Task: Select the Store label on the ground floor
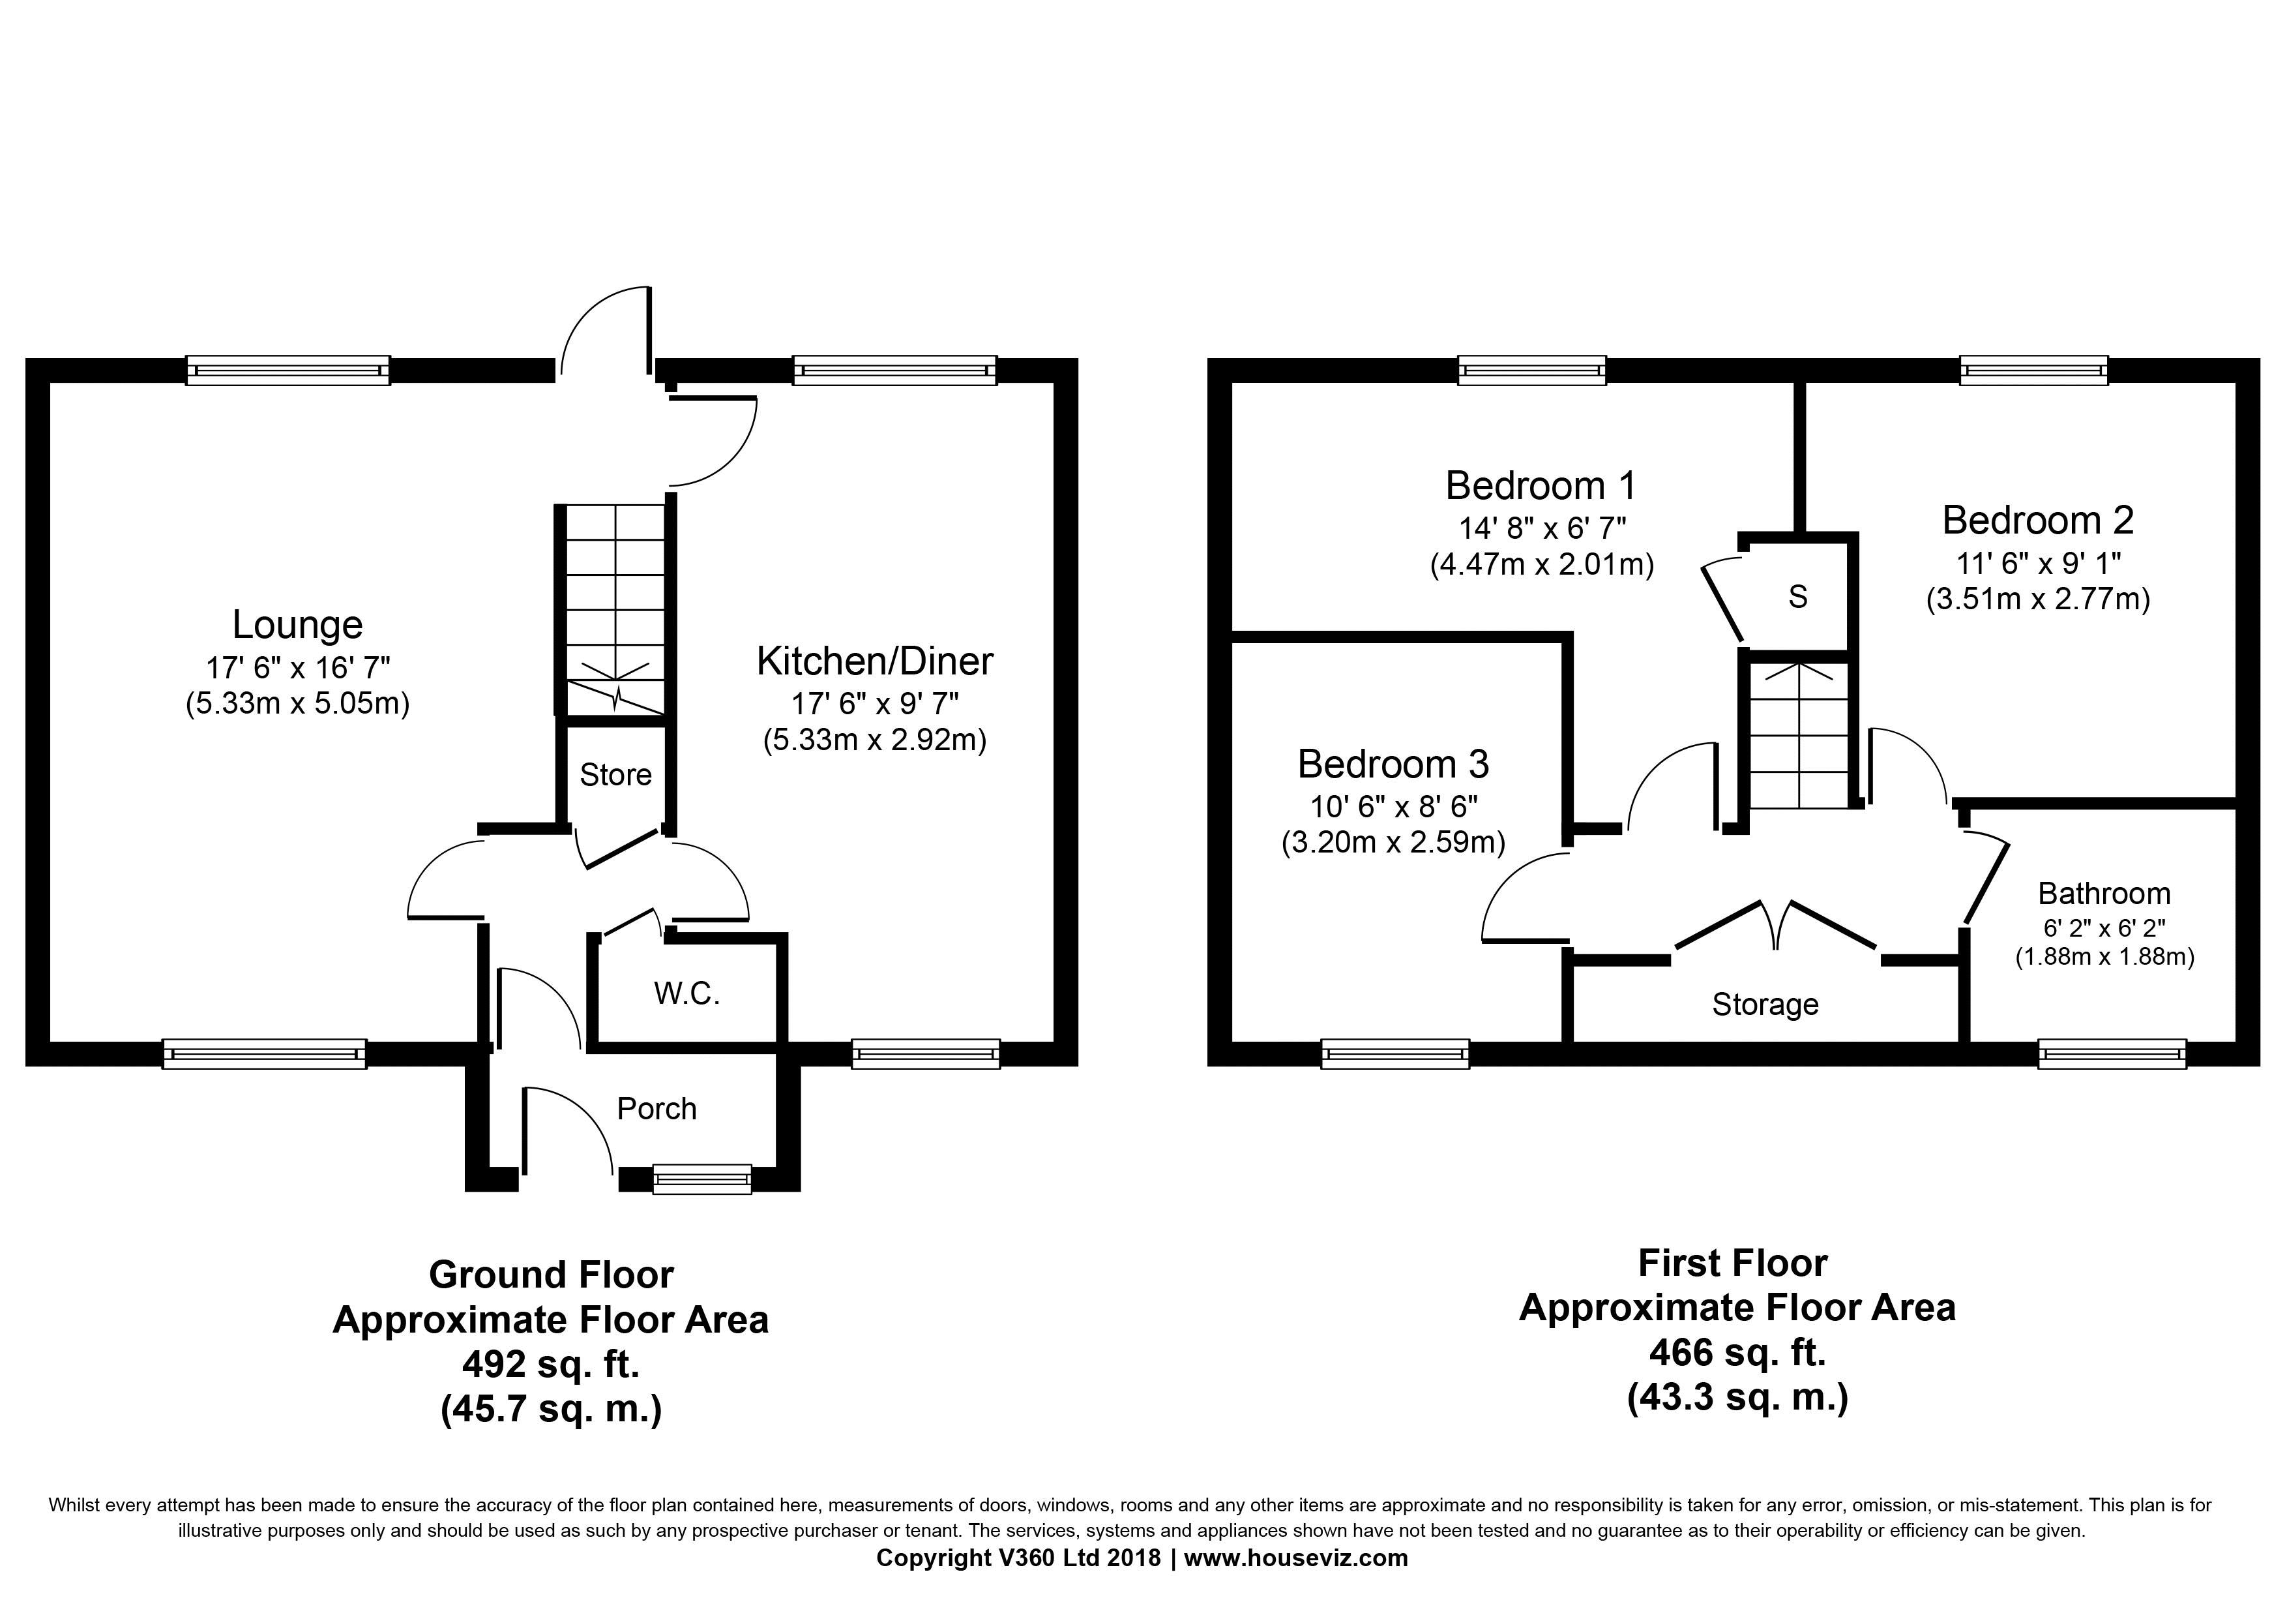point(615,774)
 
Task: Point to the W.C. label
point(686,993)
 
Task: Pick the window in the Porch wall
point(702,1179)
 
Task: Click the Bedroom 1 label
point(1541,485)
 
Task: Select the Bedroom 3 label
point(1393,764)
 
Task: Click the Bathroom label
point(2104,894)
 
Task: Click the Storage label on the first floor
point(1765,1005)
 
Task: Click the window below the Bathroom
point(2112,1053)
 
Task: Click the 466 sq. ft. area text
point(1737,1353)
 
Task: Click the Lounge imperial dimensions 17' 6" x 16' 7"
point(298,667)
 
